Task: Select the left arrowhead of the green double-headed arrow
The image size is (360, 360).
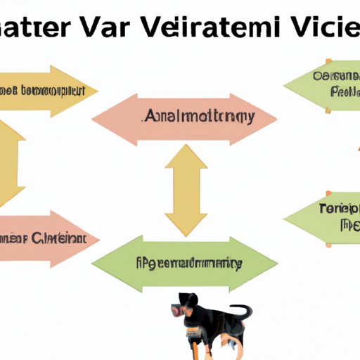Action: click(103, 264)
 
